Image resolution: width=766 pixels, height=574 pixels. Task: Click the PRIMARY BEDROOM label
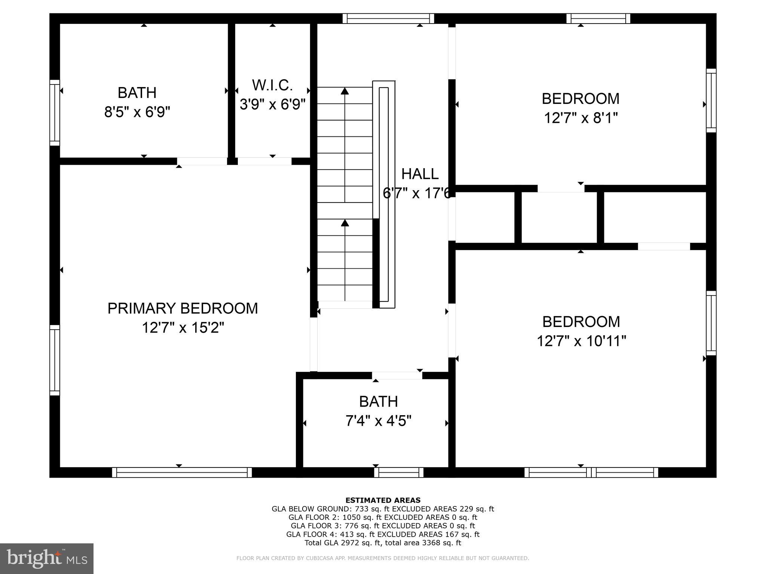183,308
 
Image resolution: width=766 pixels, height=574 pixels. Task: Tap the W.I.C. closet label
272,85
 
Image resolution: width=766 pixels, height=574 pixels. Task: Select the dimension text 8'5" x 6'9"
137,112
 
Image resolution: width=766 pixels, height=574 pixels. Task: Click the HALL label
420,174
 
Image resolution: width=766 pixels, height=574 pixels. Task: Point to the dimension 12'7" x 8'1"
580,118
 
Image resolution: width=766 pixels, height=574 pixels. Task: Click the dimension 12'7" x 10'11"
581,341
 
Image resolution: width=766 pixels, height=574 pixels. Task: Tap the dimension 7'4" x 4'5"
378,421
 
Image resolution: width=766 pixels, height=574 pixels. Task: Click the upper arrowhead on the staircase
344,91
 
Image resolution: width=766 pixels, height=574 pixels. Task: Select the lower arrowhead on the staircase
344,223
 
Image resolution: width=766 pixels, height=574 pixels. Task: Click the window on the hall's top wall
388,18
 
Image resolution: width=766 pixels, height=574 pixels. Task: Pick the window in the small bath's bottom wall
399,472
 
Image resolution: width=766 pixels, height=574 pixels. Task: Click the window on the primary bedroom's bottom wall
182,472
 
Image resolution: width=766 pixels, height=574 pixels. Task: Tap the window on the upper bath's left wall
55,112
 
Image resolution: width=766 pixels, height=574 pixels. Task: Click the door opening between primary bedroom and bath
202,161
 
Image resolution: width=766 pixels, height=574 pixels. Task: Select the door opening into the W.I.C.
264,161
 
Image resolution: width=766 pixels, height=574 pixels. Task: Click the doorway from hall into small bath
397,375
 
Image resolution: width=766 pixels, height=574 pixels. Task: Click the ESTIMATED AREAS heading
383,500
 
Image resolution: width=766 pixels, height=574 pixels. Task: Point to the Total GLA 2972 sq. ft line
383,543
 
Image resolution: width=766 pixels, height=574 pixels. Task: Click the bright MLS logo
47,558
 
